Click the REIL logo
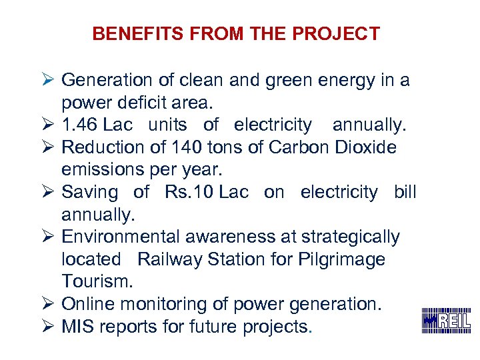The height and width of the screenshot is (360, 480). tap(446, 321)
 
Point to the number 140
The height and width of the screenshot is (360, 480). tap(187, 147)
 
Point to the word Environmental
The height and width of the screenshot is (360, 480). tap(121, 237)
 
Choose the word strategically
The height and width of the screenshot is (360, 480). tap(351, 237)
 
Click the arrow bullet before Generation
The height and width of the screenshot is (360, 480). tap(48, 81)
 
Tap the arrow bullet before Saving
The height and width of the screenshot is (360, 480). tap(48, 193)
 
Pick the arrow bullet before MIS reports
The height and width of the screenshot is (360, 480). tap(48, 327)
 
